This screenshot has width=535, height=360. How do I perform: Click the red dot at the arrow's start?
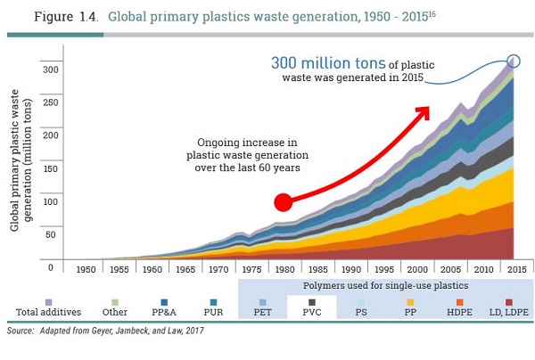(284, 202)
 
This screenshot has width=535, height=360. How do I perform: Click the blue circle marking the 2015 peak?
(513, 61)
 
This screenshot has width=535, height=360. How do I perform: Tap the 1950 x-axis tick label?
(86, 268)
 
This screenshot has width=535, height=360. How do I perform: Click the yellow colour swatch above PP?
(408, 301)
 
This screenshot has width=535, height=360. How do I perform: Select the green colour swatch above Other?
(114, 301)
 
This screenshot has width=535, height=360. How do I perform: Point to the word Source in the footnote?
(20, 330)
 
